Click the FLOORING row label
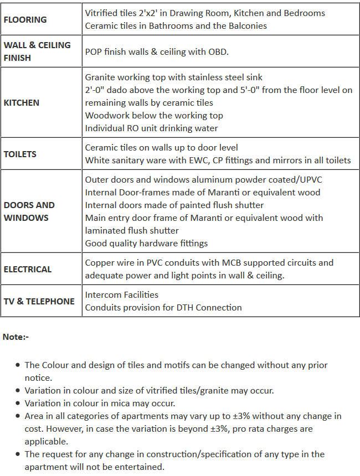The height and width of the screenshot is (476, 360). tap(25, 20)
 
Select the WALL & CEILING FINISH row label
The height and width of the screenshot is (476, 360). tap(37, 51)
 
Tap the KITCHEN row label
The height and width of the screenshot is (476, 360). tap(22, 103)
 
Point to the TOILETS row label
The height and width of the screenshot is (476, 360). tap(20, 154)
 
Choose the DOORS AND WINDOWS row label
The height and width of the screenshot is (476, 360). tap(29, 211)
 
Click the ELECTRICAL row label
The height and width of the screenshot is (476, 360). tap(28, 270)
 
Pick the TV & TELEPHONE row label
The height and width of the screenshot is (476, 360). tap(39, 302)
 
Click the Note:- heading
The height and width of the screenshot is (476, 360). tap(16, 337)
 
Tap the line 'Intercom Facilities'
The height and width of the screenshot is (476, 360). tap(121, 295)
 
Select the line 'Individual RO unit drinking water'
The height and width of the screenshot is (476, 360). tap(151, 128)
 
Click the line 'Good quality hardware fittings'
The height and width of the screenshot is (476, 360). tap(146, 244)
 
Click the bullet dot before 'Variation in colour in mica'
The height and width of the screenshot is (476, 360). tap(19, 403)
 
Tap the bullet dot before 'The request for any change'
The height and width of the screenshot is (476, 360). tap(19, 454)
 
